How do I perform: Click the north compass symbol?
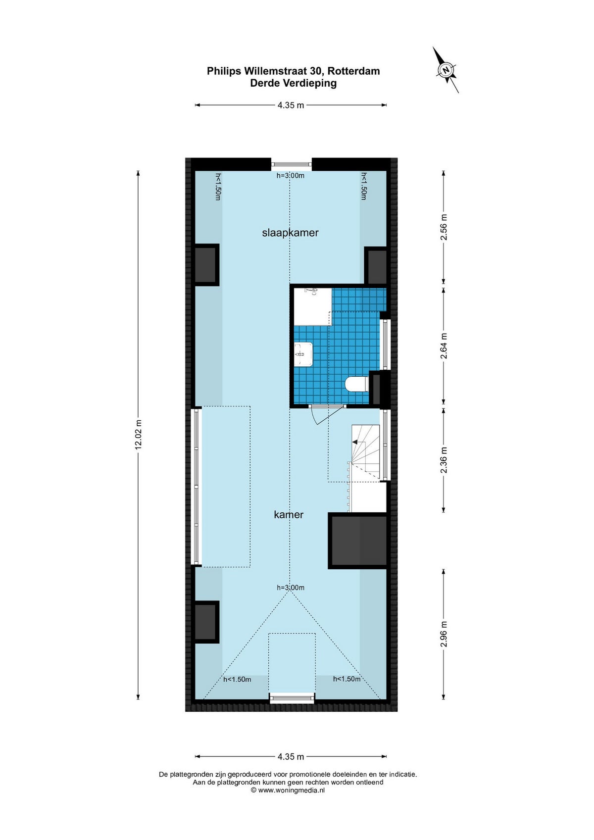446,70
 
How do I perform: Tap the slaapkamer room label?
290,233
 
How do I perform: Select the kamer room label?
289,515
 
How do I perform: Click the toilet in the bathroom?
356,384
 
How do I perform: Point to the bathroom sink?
303,354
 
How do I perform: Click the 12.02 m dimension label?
139,435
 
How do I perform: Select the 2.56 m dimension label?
444,227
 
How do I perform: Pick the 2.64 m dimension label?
444,346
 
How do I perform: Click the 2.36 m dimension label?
444,460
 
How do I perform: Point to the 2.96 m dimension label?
444,634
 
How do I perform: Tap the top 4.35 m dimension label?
291,105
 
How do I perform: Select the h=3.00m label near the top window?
291,175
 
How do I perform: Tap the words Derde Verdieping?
293,83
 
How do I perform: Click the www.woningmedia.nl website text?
291,791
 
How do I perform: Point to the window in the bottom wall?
292,698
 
